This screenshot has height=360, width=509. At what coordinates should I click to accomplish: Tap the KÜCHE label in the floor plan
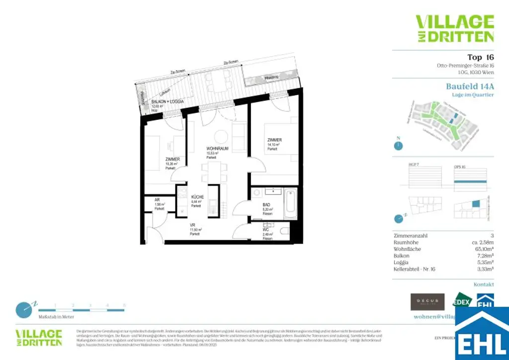tap(197, 197)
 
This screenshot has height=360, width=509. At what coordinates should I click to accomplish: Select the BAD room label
tap(266, 204)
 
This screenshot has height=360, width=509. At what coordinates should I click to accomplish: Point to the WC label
tap(266, 230)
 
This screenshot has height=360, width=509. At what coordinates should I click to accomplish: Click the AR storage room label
tap(158, 200)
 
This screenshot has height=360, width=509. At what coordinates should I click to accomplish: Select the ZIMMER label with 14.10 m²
tap(274, 140)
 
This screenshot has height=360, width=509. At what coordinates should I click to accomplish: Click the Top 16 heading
tap(481, 57)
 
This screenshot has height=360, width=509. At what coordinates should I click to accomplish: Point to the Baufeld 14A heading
tap(470, 86)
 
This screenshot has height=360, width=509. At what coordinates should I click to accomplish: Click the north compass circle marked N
tap(398, 146)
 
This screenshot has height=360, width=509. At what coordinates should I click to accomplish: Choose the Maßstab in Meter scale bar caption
tap(56, 316)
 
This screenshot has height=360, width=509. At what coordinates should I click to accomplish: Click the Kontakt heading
tap(484, 284)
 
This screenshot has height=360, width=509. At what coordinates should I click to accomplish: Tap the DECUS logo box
tap(427, 301)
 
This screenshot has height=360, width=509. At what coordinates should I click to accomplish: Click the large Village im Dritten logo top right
tap(455, 28)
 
